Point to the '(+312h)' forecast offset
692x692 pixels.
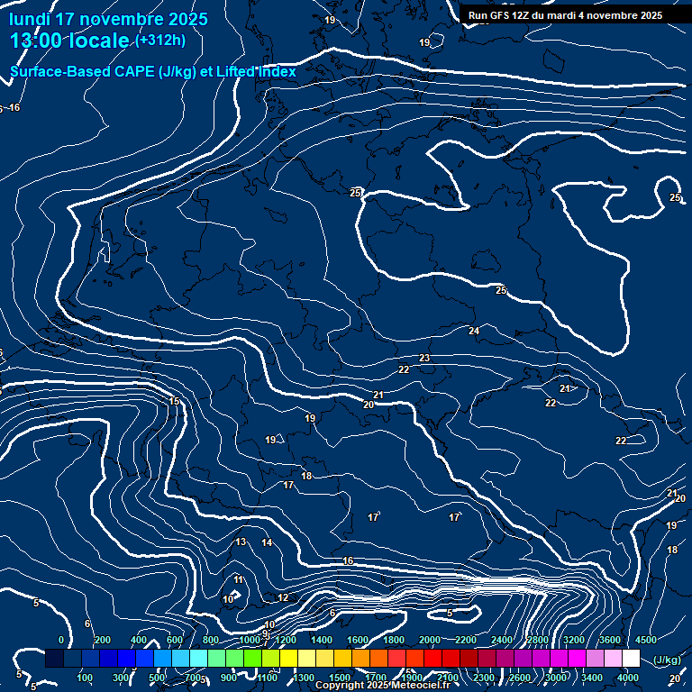(x=160, y=41)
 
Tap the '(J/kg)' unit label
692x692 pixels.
(x=667, y=660)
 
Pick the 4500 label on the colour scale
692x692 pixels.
(x=646, y=640)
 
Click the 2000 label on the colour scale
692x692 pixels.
(x=430, y=640)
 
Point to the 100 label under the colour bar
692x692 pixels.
(x=85, y=677)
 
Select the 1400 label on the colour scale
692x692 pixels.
(x=322, y=640)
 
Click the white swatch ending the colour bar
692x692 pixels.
(x=631, y=659)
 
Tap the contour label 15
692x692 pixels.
(x=175, y=402)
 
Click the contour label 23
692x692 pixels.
(x=424, y=359)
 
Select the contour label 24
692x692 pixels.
(x=474, y=332)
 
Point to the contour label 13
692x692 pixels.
(x=241, y=542)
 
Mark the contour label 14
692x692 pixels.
(x=267, y=542)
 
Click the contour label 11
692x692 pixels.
(x=238, y=579)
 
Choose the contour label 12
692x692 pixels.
(x=283, y=597)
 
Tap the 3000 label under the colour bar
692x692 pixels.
(x=556, y=677)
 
